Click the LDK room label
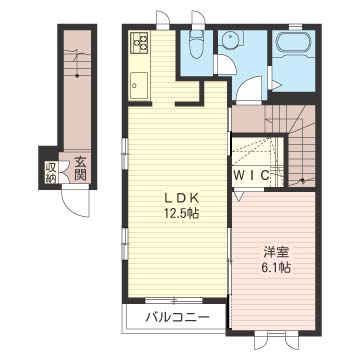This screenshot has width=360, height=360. (182, 199)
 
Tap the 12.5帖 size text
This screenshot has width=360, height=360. (181, 213)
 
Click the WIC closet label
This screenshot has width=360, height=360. (252, 175)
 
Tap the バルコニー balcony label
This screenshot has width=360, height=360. (177, 316)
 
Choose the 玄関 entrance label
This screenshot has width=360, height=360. (80, 169)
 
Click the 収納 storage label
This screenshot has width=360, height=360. (50, 172)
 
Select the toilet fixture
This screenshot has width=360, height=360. (196, 45)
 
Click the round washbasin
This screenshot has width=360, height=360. (229, 41)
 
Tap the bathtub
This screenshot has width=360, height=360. (293, 43)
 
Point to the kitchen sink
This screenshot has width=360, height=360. (139, 85)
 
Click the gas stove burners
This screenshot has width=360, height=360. (139, 43)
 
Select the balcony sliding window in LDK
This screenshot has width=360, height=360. (174, 301)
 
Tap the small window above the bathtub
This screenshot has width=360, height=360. (295, 25)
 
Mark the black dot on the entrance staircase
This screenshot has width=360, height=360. (77, 76)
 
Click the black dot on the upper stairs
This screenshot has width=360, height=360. (303, 181)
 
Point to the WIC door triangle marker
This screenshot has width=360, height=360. (239, 195)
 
